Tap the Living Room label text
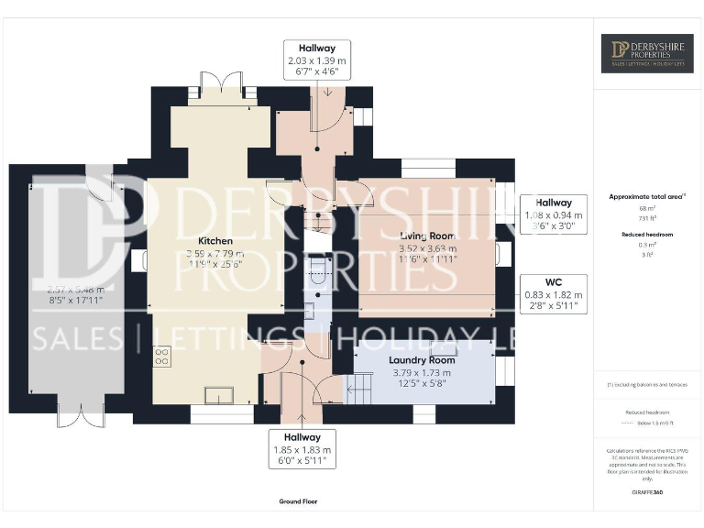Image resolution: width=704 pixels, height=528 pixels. point(427,236)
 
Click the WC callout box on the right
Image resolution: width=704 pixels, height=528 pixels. point(553,293)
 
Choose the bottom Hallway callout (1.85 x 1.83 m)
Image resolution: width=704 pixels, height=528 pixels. point(302,450)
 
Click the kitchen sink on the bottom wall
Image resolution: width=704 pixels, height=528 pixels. point(220,395)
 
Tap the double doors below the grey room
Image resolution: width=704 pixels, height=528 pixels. point(75,418)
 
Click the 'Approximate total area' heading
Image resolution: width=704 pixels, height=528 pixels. point(646,197)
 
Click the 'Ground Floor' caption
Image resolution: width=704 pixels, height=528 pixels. point(298,501)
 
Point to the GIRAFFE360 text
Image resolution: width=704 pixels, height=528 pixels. point(646,493)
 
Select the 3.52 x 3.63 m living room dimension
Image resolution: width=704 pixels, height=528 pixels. point(427,248)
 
